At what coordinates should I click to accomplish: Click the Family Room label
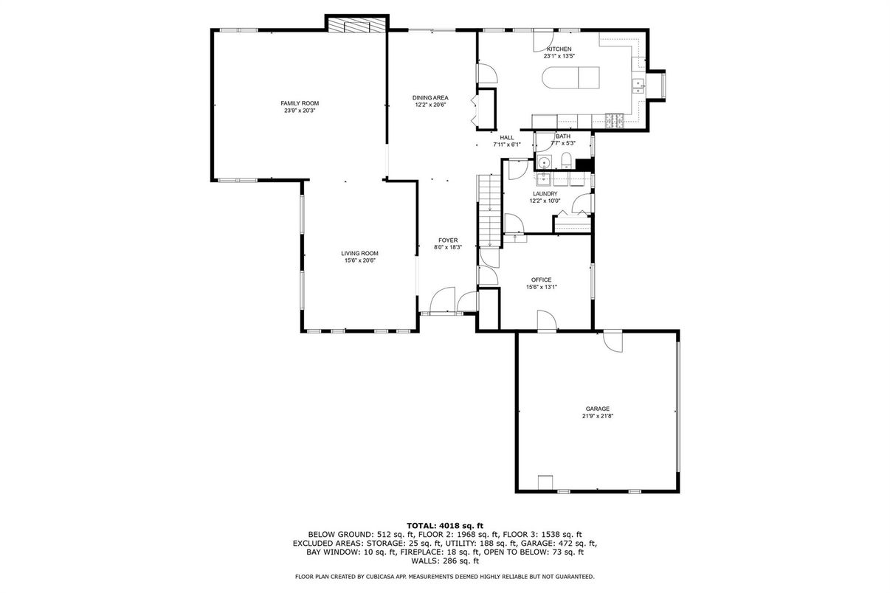coord(300,103)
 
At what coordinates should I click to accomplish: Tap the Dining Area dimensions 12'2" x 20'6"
coord(430,105)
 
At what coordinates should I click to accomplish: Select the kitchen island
coord(570,77)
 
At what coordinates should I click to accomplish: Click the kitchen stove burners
coord(614,120)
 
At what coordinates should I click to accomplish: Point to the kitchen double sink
coord(638,86)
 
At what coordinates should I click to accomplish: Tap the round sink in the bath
coord(544,162)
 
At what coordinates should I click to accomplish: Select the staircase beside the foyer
coord(489,211)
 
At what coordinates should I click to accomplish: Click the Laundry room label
coord(545,193)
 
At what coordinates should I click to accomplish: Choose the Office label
coord(541,280)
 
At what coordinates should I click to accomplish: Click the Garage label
coord(598,409)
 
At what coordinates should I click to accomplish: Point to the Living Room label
coord(359,254)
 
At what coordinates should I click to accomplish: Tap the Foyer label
coord(448,240)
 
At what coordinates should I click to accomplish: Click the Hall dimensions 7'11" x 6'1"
coord(506,145)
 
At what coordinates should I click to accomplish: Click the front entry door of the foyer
coord(442,300)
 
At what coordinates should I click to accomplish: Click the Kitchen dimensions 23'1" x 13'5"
coord(559,56)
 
